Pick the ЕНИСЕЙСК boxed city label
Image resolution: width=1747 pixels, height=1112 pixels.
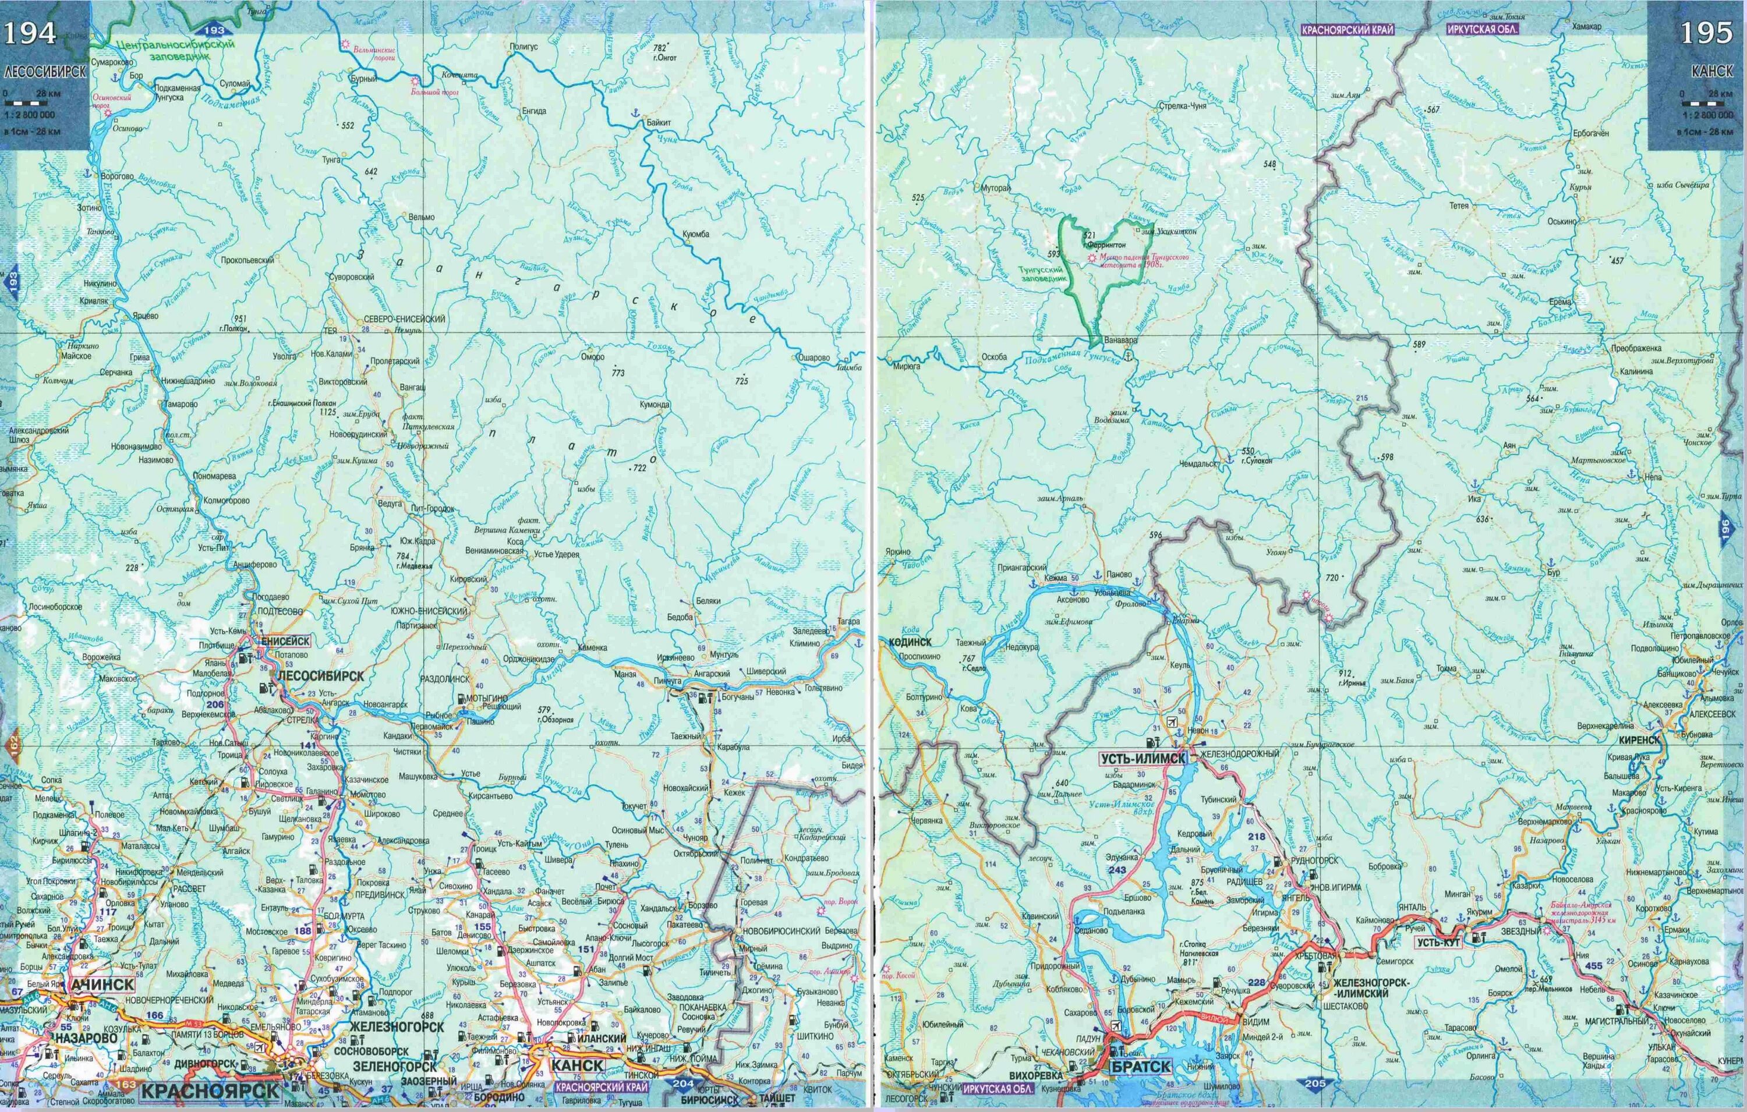286,641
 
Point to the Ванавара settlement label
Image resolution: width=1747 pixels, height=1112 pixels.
1119,339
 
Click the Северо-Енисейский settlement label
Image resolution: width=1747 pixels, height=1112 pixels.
405,319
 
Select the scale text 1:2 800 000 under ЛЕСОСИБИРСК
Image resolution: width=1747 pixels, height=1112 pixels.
29,115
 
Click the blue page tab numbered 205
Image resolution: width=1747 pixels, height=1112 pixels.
1314,1083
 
